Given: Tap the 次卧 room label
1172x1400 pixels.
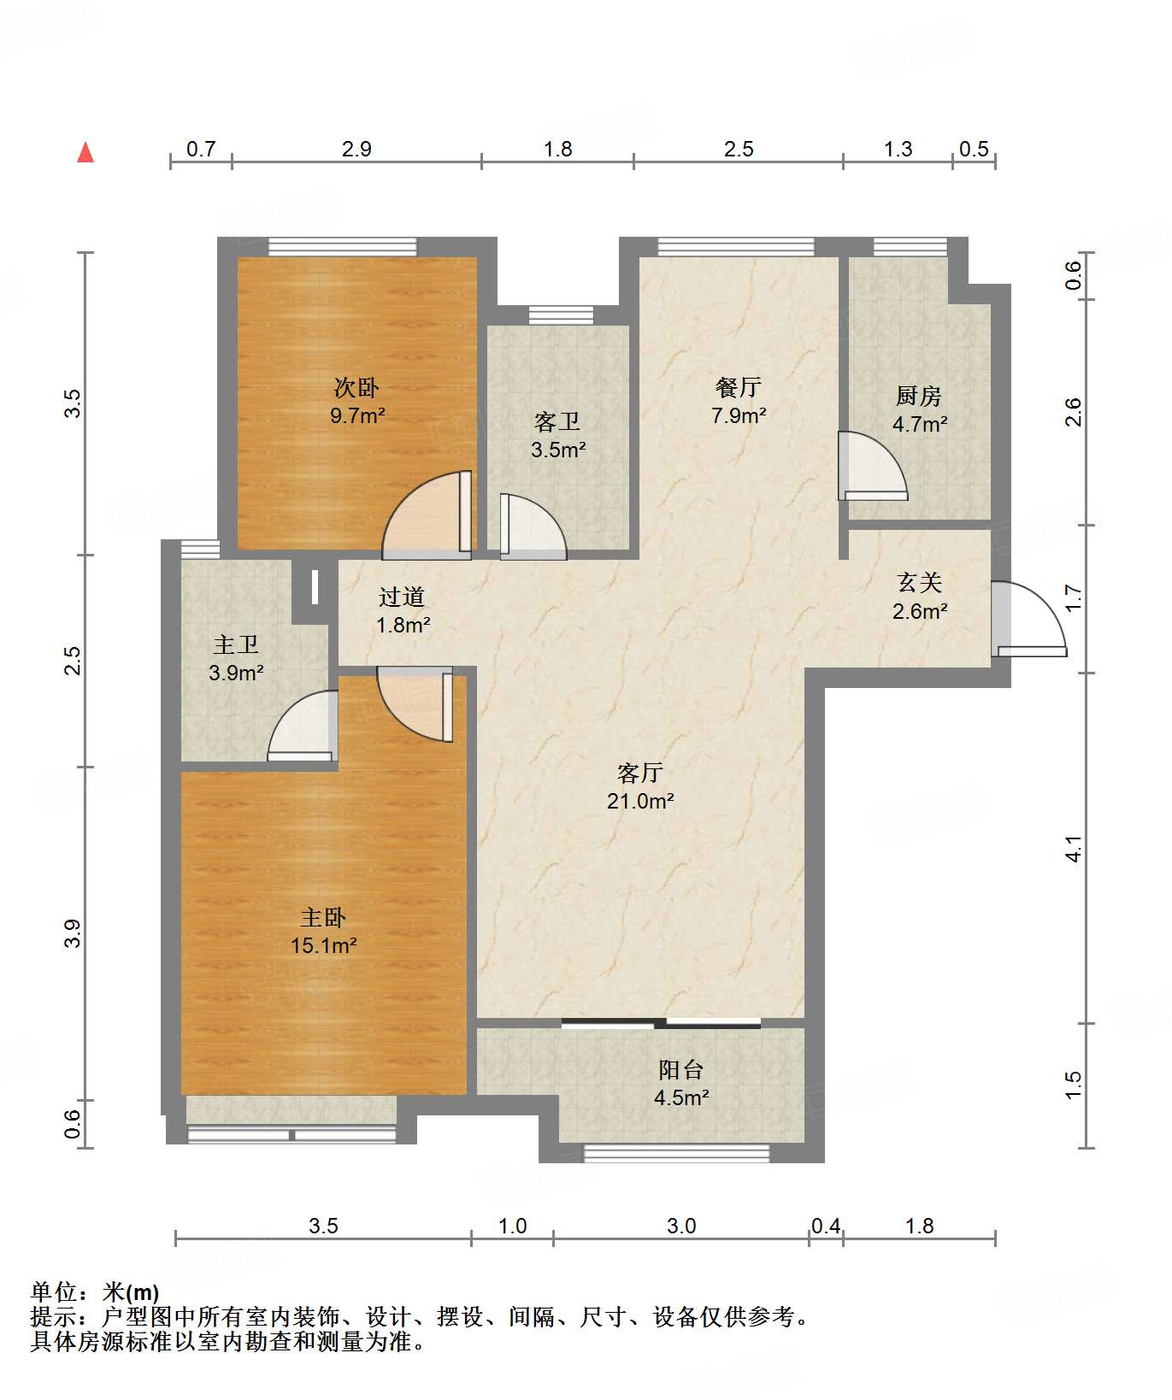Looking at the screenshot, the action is point(356,387).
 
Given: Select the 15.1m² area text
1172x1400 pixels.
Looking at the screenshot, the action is point(323,945).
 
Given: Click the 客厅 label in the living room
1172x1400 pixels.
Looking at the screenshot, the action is point(640,773).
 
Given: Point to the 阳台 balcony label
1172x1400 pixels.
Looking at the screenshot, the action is point(681,1069).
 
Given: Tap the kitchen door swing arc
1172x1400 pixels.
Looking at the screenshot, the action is point(873,466).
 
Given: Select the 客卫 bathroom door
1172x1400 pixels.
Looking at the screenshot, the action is point(533,526).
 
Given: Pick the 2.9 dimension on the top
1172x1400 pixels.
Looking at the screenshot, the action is point(356,149).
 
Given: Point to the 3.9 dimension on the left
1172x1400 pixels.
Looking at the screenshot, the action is point(73,932).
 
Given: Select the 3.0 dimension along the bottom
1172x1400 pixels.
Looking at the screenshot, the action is point(681,1226).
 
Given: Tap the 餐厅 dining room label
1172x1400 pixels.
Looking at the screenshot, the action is point(739,387).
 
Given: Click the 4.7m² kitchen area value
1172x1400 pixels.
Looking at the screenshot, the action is point(920,423).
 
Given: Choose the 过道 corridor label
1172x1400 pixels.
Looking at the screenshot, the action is point(402,597).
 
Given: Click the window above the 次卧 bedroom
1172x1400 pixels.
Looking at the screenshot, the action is point(343,247).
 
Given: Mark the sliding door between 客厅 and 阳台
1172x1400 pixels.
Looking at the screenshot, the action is point(661,1023).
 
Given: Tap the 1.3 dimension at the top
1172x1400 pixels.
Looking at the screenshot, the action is point(898,149).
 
